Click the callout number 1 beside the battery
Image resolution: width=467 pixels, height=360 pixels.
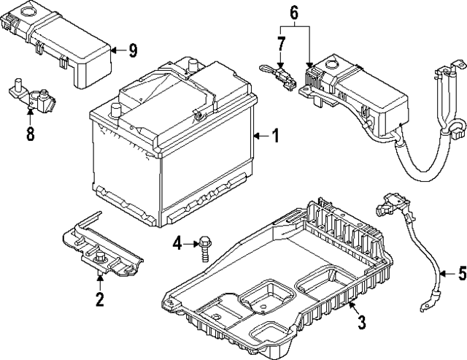275,135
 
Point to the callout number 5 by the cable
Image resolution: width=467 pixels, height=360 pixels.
461,275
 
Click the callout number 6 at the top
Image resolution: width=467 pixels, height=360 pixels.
294,12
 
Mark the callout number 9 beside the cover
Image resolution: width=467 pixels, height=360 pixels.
132,50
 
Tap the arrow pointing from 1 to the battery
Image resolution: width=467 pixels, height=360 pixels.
259,136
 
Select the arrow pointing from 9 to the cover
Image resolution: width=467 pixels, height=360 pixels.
117,50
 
